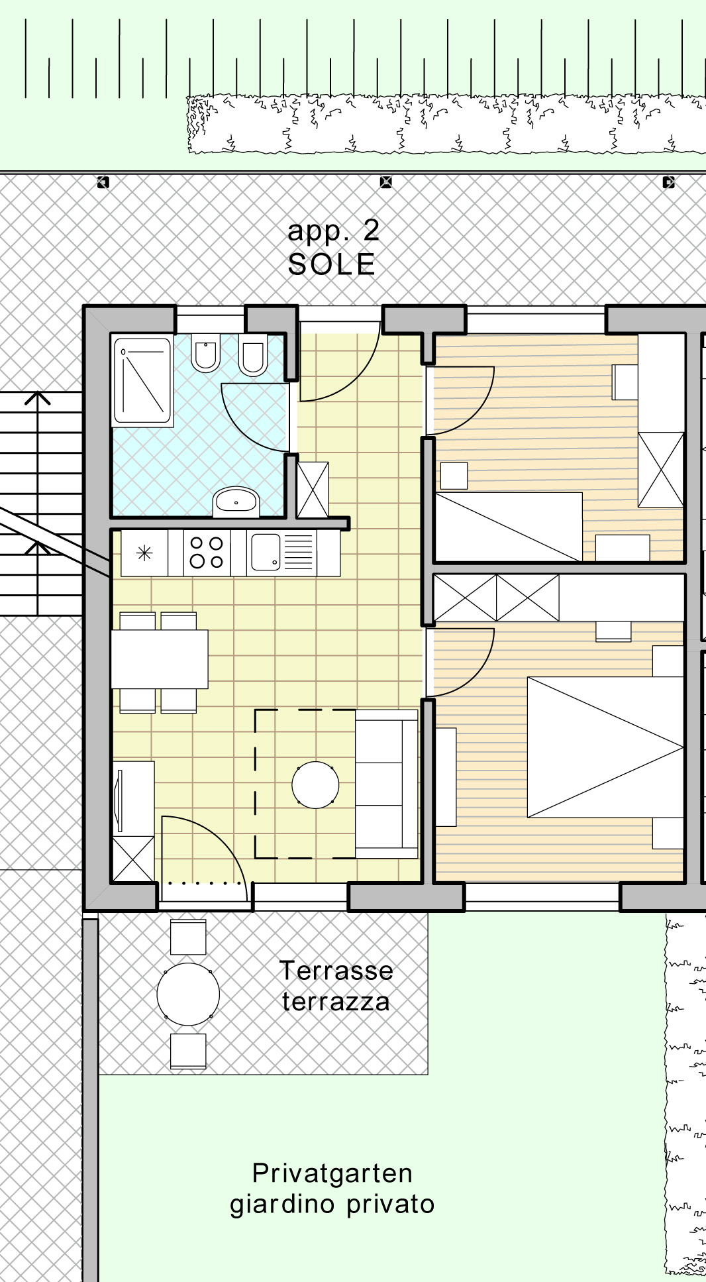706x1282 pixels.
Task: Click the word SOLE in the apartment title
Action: click(332, 264)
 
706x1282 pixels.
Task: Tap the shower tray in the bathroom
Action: click(142, 380)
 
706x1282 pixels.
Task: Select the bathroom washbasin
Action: click(236, 502)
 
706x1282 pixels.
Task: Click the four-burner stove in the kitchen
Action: click(207, 553)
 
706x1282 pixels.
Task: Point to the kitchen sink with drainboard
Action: click(282, 553)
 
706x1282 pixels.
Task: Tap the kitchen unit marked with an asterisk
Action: click(144, 553)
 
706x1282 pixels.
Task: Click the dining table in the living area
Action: click(160, 659)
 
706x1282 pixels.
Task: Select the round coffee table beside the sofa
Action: click(315, 785)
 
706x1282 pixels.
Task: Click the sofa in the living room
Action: click(387, 784)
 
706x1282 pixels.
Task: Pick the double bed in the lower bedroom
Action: click(605, 747)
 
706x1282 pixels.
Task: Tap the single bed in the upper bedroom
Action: click(509, 527)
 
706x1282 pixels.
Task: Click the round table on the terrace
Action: click(188, 994)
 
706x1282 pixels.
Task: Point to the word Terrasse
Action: click(336, 971)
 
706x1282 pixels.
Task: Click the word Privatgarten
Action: click(332, 1173)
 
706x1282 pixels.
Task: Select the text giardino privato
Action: click(332, 1204)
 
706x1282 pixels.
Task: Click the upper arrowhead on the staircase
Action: click(38, 398)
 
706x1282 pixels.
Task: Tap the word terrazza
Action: click(336, 1002)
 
